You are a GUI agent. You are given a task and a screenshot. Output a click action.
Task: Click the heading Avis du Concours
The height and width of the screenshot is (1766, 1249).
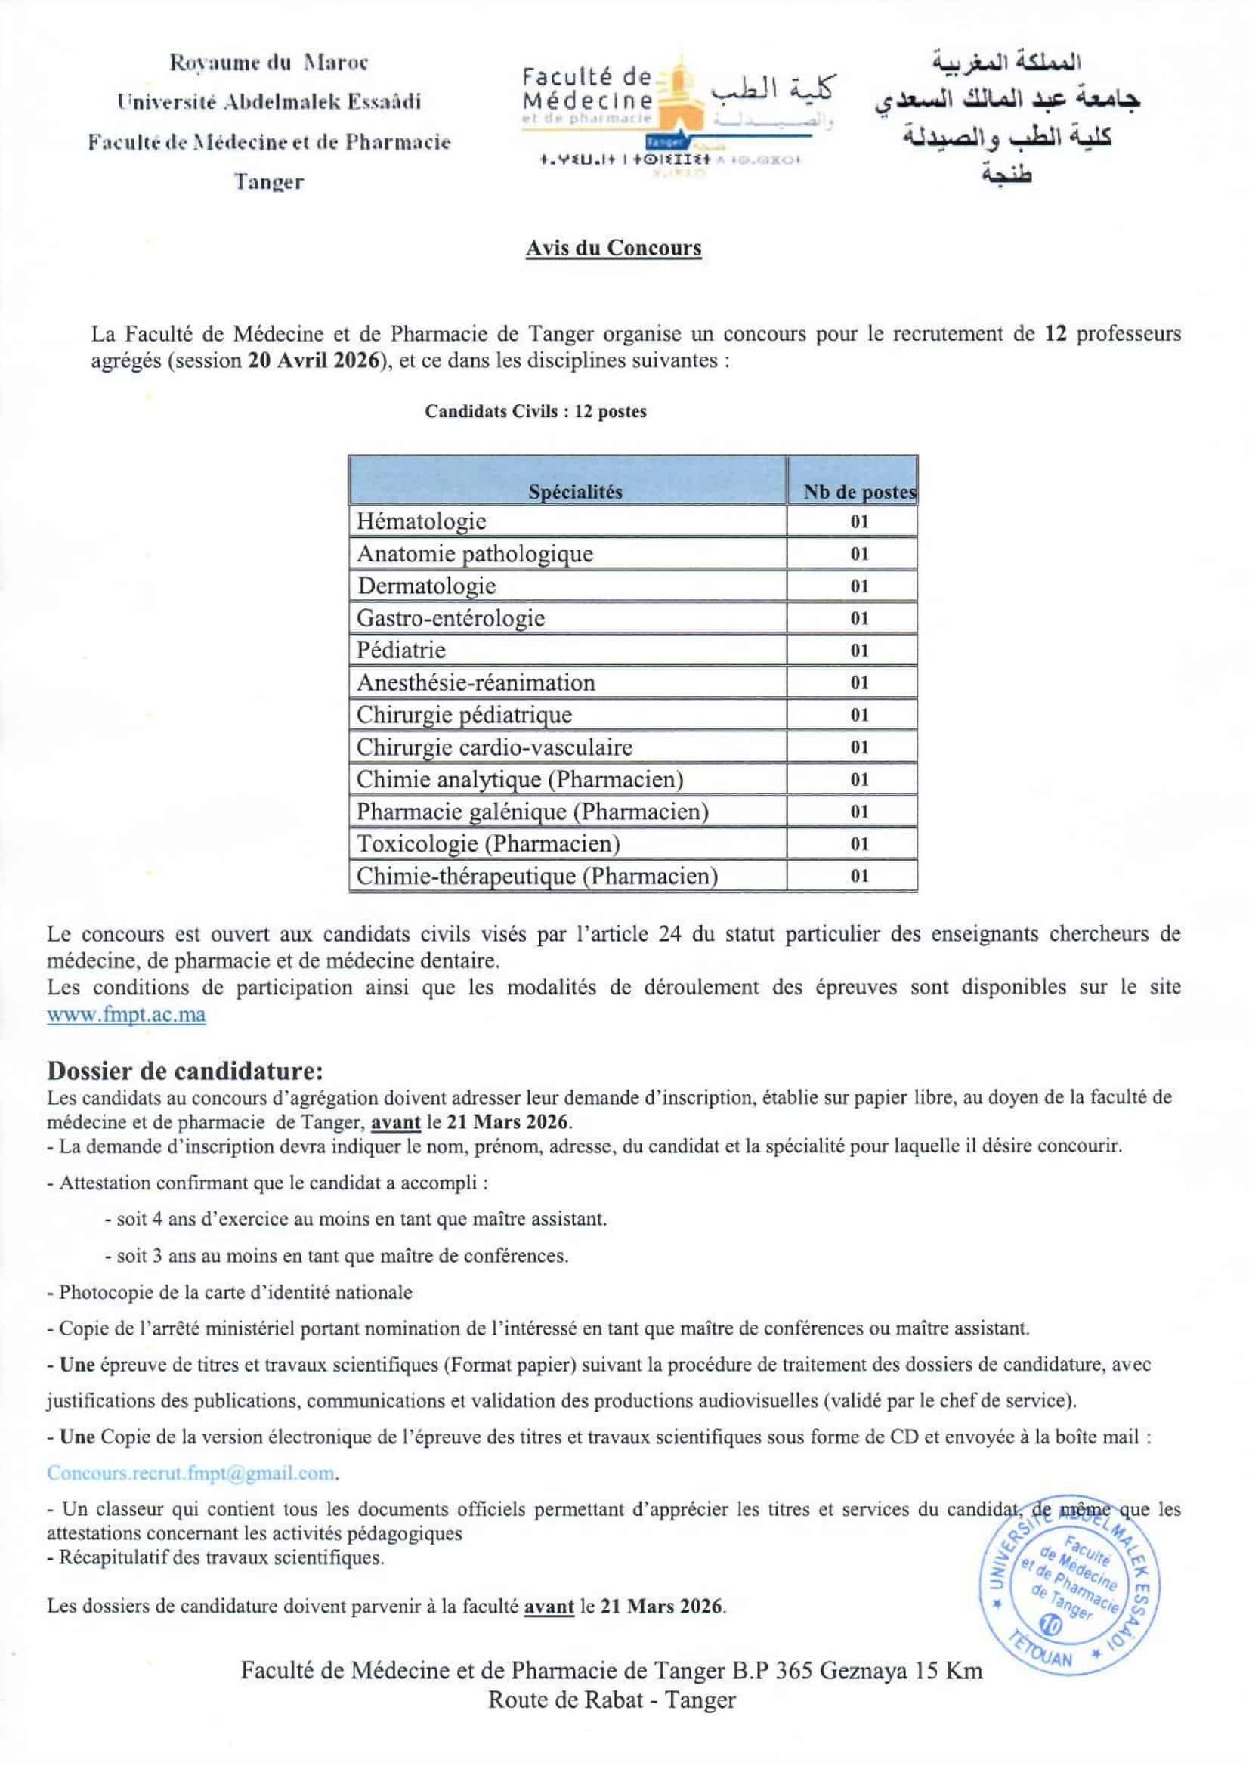click(x=613, y=249)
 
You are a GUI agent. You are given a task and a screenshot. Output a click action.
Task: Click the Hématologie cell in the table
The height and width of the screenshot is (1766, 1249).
click(x=422, y=521)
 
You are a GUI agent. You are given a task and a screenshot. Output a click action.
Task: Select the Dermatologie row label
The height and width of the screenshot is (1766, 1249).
click(x=426, y=586)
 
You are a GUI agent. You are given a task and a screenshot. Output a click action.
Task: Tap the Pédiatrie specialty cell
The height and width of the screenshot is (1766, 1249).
click(x=400, y=651)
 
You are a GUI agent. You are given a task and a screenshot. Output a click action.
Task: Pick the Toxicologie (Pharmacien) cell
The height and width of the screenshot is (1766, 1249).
click(x=487, y=844)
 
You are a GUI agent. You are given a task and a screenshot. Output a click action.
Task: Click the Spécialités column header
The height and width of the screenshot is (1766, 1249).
click(x=575, y=492)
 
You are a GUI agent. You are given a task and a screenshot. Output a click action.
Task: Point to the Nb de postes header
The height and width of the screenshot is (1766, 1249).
click(x=859, y=492)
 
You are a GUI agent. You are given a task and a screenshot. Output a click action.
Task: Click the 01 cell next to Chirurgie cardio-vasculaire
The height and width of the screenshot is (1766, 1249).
click(x=859, y=747)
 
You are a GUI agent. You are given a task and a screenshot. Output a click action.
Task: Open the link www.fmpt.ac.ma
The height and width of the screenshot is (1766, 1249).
click(x=126, y=1015)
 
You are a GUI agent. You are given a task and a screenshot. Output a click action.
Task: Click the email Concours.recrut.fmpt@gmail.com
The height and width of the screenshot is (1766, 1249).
click(x=192, y=1473)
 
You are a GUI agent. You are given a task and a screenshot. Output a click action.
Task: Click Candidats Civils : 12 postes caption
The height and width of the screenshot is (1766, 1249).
click(x=535, y=411)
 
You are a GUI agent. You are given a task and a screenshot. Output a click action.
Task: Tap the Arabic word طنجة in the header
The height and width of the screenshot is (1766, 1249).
click(x=1007, y=175)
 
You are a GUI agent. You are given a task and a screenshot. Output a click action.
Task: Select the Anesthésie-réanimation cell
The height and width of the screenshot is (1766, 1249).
click(x=475, y=683)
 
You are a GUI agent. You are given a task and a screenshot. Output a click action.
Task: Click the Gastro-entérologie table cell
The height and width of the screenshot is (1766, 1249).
click(x=450, y=618)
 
